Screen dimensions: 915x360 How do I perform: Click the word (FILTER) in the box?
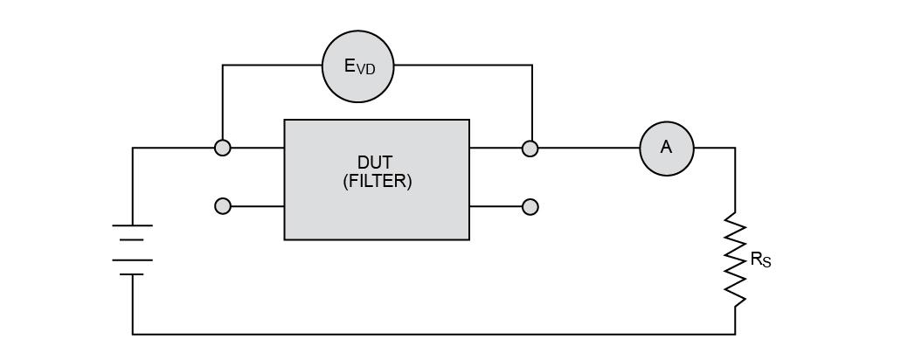click(x=377, y=182)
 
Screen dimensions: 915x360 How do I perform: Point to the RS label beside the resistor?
click(x=761, y=260)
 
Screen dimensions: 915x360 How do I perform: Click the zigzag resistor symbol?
click(x=735, y=260)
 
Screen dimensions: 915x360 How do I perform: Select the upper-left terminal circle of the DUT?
click(x=222, y=149)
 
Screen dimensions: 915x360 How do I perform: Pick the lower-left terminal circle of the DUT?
click(x=222, y=206)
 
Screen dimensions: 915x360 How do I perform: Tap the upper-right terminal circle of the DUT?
click(x=530, y=149)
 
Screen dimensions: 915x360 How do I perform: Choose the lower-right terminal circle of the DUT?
click(x=530, y=206)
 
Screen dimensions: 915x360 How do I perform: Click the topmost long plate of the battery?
click(x=133, y=225)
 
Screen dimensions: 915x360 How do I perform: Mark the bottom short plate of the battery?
click(x=133, y=274)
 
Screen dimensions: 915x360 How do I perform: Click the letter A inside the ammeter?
click(x=666, y=148)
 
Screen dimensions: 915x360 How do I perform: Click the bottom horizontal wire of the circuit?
click(x=433, y=335)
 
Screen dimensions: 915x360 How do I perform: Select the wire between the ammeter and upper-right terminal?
click(x=589, y=148)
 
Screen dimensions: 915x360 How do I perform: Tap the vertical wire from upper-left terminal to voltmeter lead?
click(x=222, y=103)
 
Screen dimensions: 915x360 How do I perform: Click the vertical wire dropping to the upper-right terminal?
click(x=531, y=103)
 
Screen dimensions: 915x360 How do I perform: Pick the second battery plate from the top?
click(x=133, y=239)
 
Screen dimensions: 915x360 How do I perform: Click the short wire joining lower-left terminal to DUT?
click(x=257, y=206)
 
